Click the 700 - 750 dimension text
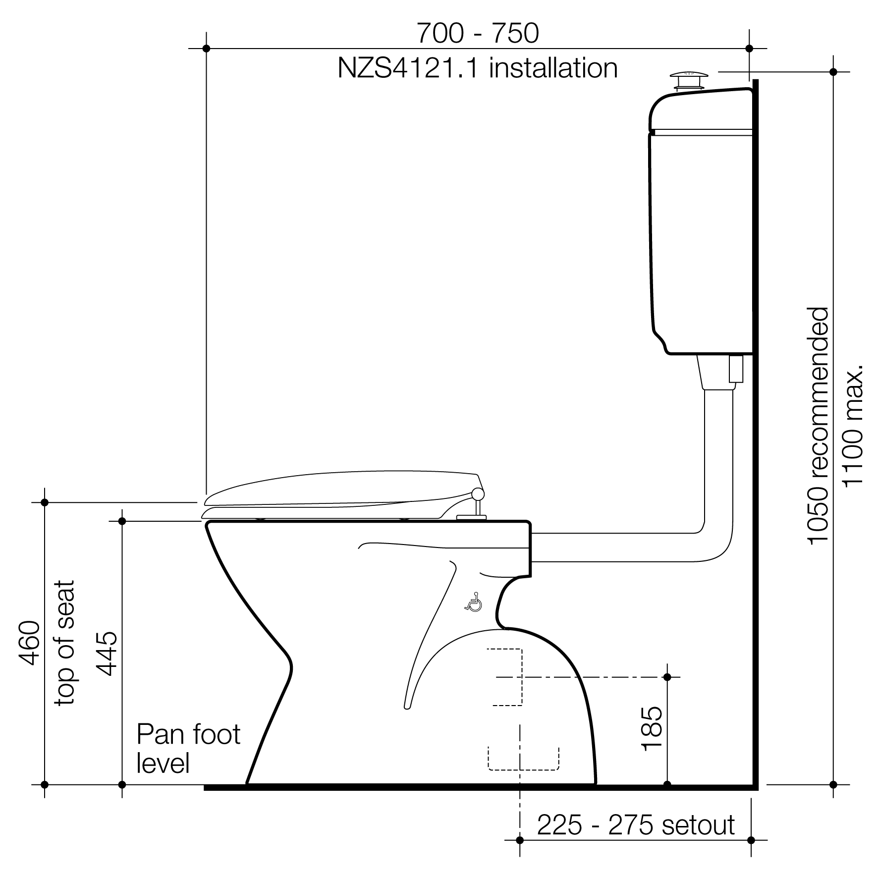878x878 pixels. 477,34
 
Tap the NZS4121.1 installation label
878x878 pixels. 478,68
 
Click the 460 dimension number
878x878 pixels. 29,643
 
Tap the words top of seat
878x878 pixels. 64,643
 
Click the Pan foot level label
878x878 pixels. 188,749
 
